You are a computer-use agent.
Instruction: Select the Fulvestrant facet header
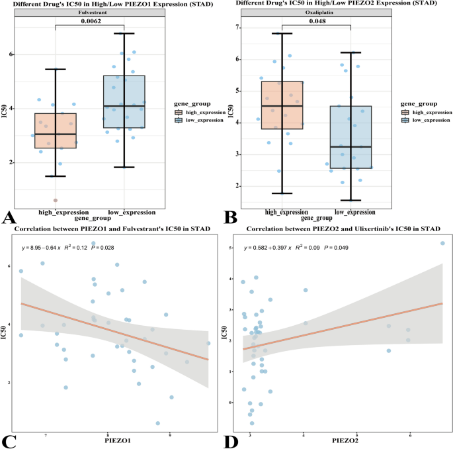pos(89,11)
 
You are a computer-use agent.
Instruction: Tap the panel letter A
pos(9,216)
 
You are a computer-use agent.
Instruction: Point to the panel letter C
pos(9,439)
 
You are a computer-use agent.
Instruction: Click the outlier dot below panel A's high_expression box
pos(56,199)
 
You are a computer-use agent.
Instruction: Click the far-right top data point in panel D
pos(442,244)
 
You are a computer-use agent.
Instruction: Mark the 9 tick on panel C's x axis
pos(171,434)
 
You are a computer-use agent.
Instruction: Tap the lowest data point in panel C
pos(158,423)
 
